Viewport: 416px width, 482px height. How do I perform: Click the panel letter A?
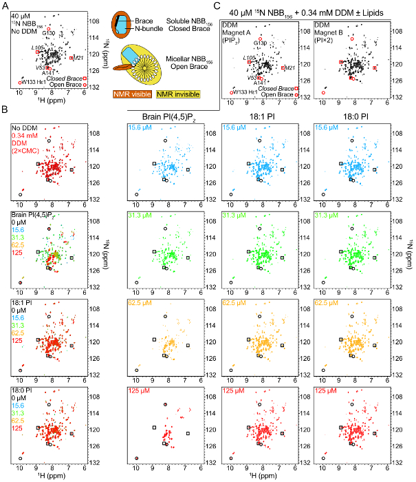pyautogui.click(x=6, y=6)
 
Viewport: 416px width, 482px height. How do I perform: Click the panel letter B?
pyautogui.click(x=6, y=110)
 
